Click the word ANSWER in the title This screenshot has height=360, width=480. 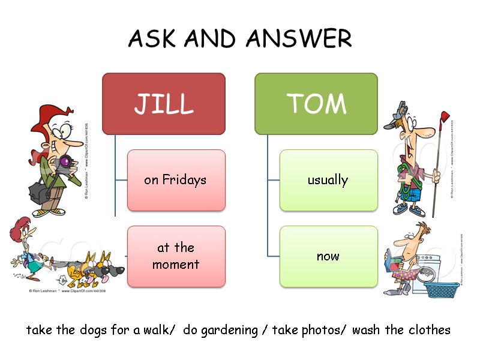point(299,40)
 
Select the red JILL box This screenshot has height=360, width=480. point(164,103)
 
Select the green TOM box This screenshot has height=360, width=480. point(316,103)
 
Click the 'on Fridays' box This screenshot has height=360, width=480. point(176,180)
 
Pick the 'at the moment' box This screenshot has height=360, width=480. point(176,256)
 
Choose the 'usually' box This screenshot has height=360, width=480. point(328,180)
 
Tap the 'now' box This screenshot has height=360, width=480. point(328,256)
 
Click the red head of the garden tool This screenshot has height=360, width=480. point(444,116)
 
